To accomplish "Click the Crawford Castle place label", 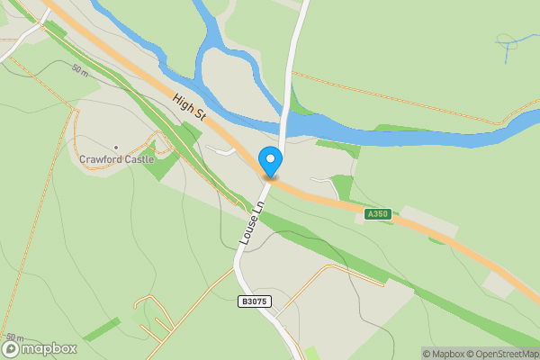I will click(116, 159).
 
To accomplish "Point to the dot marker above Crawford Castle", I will click(116, 147).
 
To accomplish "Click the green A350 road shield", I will click(378, 214).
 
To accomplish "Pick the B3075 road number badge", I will click(256, 301).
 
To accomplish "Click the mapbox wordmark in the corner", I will click(49, 349).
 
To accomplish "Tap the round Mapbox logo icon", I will click(12, 349).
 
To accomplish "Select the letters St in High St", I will click(201, 115).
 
